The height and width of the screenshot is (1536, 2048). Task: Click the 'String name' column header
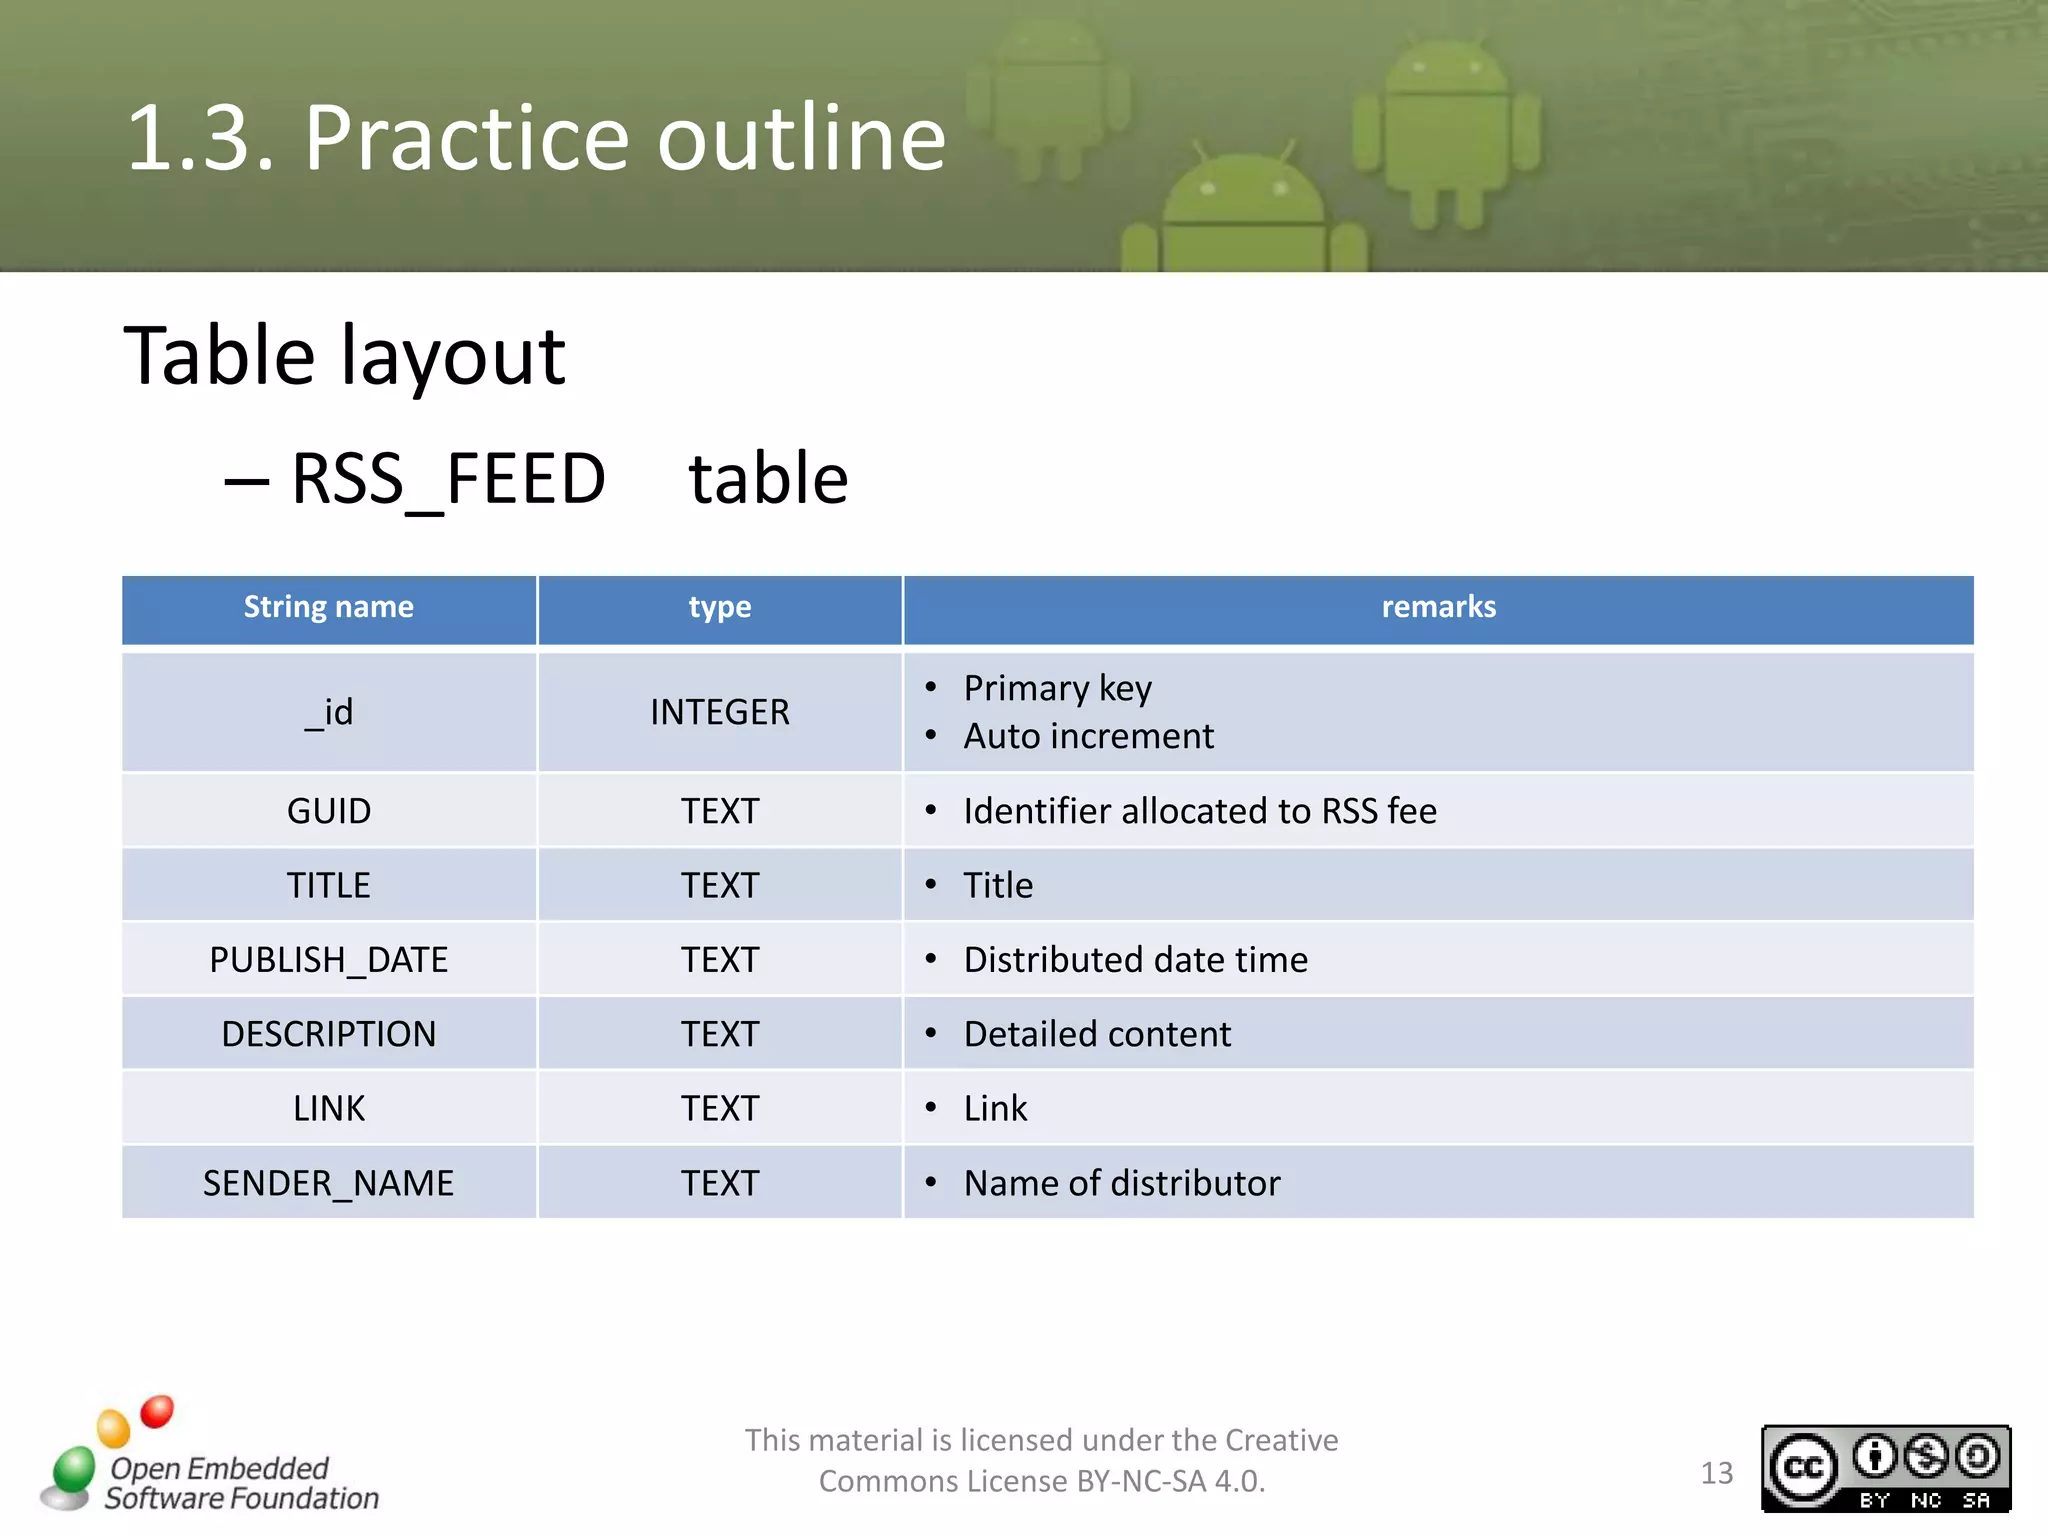(x=328, y=607)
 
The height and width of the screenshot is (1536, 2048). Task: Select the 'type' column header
(x=719, y=607)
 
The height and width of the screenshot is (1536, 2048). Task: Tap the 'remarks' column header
(x=1438, y=607)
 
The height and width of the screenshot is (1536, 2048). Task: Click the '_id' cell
(x=329, y=712)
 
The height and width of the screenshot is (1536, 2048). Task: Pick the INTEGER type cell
(x=719, y=712)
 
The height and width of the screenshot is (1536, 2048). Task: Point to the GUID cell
(x=329, y=811)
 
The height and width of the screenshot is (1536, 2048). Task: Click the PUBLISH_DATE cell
(x=328, y=960)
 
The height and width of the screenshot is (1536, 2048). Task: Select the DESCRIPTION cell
(x=328, y=1034)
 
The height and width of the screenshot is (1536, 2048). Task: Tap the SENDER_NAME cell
(x=328, y=1183)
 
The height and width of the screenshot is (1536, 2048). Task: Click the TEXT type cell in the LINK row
(x=719, y=1109)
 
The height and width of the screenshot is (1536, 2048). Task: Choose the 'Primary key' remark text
(x=1057, y=688)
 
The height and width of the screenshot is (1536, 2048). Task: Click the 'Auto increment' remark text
(x=1088, y=737)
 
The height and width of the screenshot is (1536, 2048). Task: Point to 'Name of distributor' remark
(x=1121, y=1183)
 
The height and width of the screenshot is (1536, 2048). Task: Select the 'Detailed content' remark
(x=1097, y=1034)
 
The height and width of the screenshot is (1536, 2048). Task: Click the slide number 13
(x=1716, y=1473)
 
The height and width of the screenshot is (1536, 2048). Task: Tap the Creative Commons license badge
(x=1885, y=1468)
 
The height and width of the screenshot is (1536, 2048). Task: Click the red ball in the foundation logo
(x=157, y=1411)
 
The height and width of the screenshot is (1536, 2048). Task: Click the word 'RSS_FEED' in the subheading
(x=448, y=479)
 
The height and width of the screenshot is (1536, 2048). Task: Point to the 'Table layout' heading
(x=344, y=356)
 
